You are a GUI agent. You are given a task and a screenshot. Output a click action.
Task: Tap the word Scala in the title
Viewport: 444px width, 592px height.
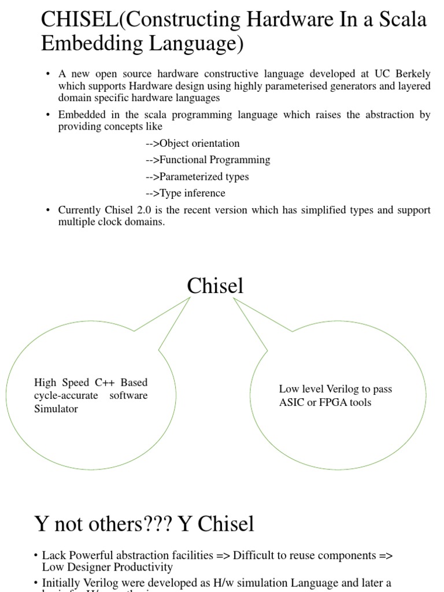tap(401, 20)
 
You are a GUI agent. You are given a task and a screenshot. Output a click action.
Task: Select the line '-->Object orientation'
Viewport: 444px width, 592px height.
tap(193, 143)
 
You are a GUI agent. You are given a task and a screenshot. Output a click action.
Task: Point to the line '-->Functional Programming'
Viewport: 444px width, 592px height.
tap(208, 160)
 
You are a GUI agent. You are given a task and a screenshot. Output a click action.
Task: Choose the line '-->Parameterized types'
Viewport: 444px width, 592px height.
tap(197, 176)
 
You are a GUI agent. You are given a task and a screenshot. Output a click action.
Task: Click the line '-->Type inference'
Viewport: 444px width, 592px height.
tap(185, 193)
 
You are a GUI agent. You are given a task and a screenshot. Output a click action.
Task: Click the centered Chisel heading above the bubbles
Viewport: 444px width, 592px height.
tap(215, 286)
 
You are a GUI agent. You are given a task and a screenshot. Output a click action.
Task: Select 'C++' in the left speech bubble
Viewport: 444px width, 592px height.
tap(104, 383)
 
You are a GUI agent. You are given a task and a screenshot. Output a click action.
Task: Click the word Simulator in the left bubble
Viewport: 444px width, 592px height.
tap(56, 409)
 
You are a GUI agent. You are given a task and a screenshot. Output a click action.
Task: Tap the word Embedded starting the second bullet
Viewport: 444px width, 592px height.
tap(80, 114)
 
